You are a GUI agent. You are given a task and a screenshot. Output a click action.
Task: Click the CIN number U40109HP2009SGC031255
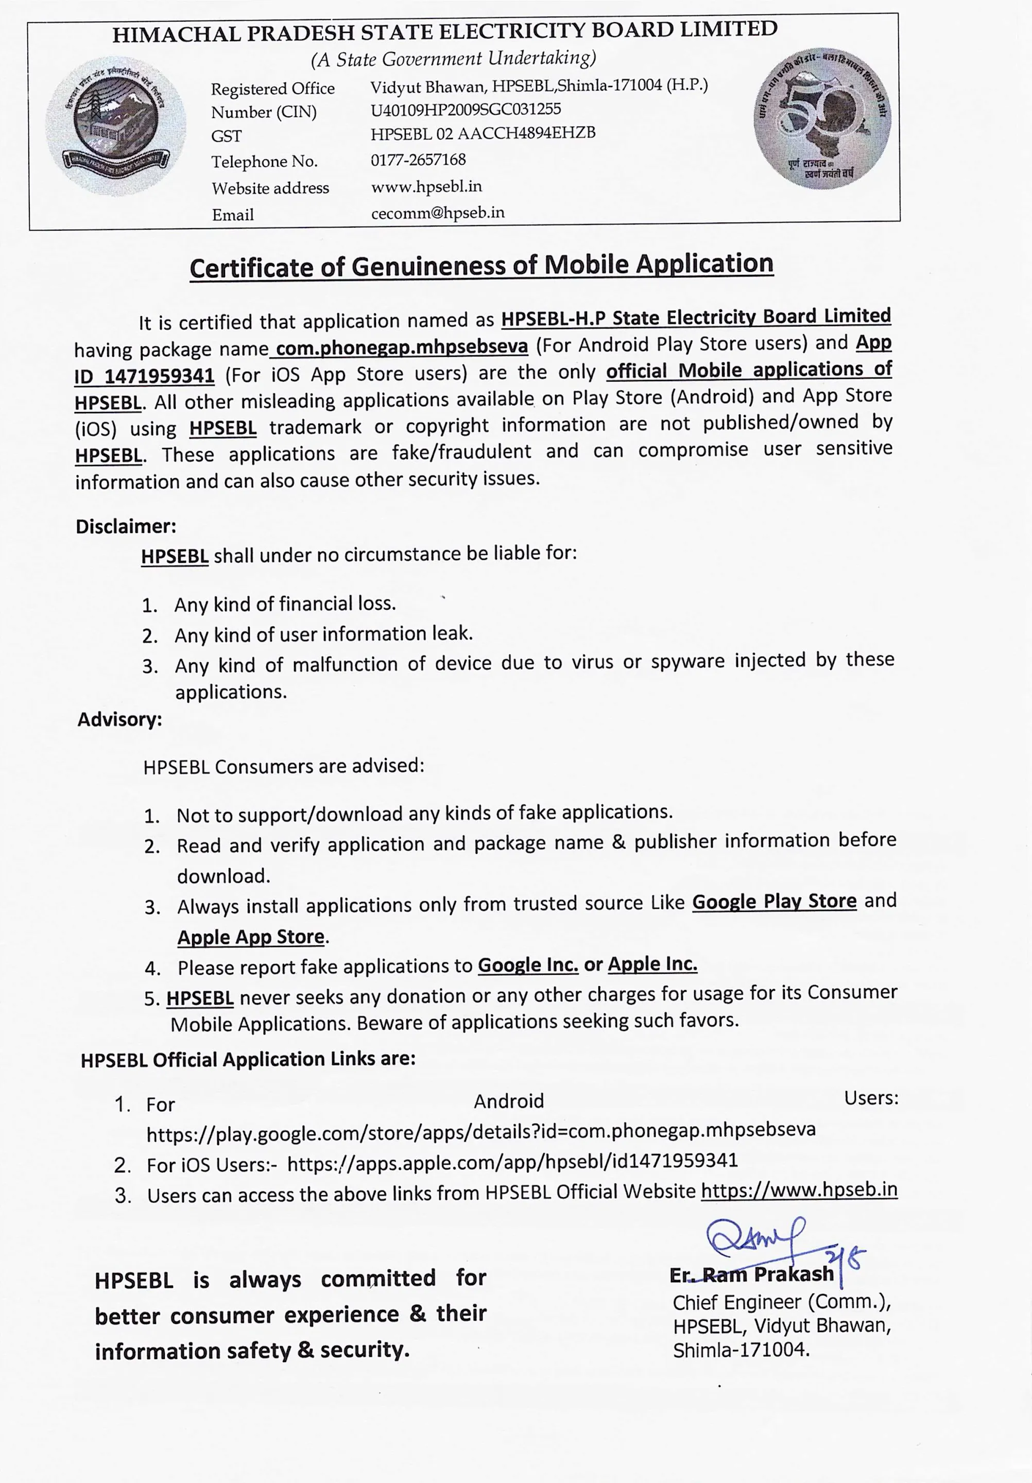[x=466, y=109]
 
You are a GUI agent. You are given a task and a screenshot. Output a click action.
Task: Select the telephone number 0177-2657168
[x=418, y=160]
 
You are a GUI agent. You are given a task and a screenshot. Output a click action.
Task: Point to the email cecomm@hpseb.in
[x=438, y=213]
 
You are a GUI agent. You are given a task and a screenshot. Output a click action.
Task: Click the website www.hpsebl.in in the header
[x=426, y=187]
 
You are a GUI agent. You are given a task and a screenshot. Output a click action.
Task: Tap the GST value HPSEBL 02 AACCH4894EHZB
[x=483, y=134]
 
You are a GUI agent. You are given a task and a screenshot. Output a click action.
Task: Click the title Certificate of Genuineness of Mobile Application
[x=481, y=266]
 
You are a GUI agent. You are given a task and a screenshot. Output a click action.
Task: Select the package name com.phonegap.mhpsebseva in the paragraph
[x=401, y=348]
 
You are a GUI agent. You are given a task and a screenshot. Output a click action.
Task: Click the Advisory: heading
[x=120, y=719]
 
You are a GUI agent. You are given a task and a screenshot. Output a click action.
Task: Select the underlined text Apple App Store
[x=251, y=937]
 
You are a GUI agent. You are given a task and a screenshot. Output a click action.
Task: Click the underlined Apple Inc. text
[x=652, y=964]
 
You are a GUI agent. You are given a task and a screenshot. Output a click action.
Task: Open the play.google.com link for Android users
[x=481, y=1130]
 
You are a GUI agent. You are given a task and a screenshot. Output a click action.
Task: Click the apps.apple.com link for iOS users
[x=512, y=1161]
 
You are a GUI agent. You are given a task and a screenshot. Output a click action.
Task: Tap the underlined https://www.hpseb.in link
[x=799, y=1190]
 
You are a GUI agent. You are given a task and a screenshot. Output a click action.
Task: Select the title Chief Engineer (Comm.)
[x=781, y=1303]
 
